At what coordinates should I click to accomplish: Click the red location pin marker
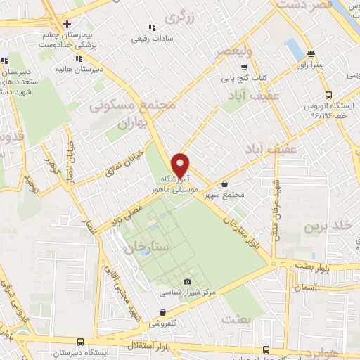tap(181, 165)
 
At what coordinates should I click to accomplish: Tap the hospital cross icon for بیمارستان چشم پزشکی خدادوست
tap(67, 23)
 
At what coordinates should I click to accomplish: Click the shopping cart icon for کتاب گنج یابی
tap(244, 68)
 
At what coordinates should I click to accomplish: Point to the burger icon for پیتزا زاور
tap(311, 54)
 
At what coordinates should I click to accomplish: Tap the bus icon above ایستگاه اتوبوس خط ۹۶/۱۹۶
tap(328, 94)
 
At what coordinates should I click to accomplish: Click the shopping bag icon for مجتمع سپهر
tap(224, 184)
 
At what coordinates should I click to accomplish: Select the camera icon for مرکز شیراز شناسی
tap(187, 282)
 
